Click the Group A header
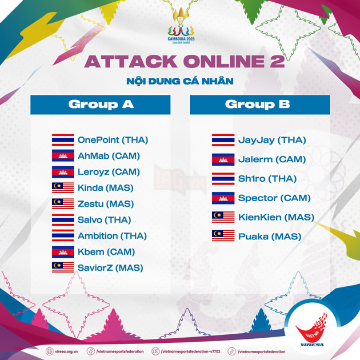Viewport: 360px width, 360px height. coord(101,105)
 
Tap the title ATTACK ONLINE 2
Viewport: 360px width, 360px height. coord(185,62)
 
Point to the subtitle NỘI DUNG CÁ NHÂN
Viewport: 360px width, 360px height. coord(180,81)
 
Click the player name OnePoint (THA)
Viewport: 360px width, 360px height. coord(113,139)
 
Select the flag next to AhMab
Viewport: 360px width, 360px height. coord(63,155)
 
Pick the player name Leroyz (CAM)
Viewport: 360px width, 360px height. coord(109,171)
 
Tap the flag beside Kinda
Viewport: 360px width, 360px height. coord(63,187)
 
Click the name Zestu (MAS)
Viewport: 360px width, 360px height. coord(105,203)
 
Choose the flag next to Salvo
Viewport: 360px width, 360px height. coord(63,219)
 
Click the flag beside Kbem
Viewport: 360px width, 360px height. coord(63,251)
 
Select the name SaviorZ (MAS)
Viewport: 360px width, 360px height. coord(110,267)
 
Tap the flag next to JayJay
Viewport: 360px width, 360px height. coord(223,140)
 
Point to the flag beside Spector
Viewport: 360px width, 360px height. coord(223,198)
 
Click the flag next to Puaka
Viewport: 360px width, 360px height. coord(223,235)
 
